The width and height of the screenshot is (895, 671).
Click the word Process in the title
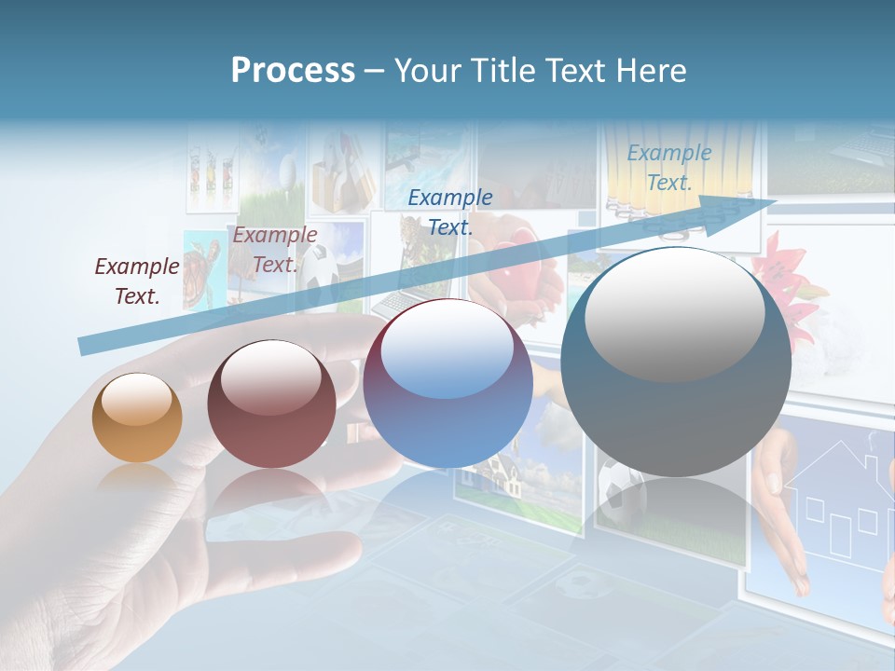point(293,70)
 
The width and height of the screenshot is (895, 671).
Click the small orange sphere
point(137,418)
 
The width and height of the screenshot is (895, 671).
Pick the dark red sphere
point(271,404)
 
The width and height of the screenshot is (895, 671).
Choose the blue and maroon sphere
point(447,383)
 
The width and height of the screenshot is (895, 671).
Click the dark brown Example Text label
point(137,281)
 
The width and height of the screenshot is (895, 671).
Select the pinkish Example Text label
point(274,250)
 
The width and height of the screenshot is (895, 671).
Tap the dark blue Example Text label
point(450,212)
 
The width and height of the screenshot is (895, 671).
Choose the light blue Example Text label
point(668,168)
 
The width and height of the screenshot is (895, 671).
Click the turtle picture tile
point(200,270)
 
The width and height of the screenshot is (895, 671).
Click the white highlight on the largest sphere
point(674,314)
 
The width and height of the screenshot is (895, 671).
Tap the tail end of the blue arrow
point(84,348)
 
